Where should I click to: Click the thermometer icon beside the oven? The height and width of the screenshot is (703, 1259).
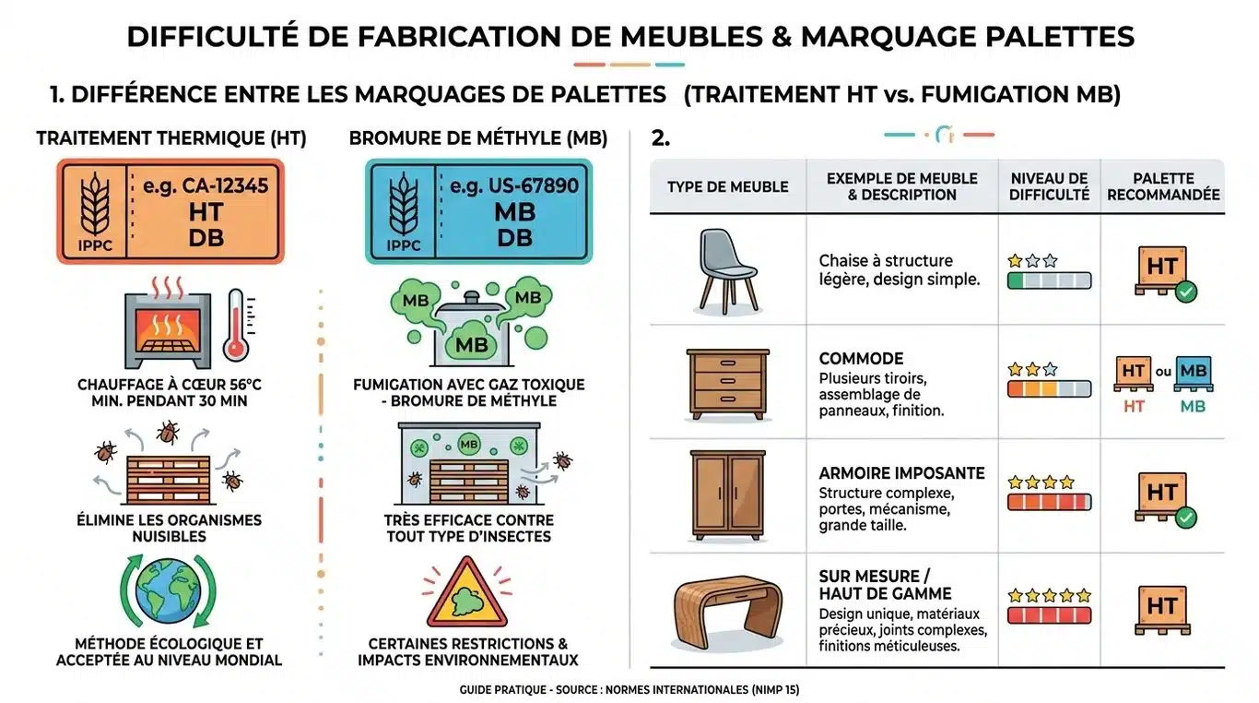coord(235,325)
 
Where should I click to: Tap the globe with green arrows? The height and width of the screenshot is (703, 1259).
coord(168,591)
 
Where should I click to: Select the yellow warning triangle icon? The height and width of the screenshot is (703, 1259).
coord(467,593)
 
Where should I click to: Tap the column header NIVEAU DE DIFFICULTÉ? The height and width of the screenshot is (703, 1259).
coord(1049,186)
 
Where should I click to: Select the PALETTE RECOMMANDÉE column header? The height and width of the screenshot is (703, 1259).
coord(1163,186)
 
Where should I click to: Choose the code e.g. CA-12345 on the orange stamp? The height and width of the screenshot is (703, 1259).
coord(206,185)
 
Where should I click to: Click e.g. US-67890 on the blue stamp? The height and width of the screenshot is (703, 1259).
coord(514,185)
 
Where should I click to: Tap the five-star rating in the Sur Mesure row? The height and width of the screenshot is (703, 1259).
coord(1049,596)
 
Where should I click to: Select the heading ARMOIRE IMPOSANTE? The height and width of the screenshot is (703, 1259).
coord(901,473)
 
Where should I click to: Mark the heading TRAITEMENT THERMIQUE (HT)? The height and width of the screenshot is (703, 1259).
coord(171,138)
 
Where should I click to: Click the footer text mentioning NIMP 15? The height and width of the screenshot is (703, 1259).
coord(629,690)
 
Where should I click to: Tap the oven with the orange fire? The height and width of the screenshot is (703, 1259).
coord(168,328)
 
